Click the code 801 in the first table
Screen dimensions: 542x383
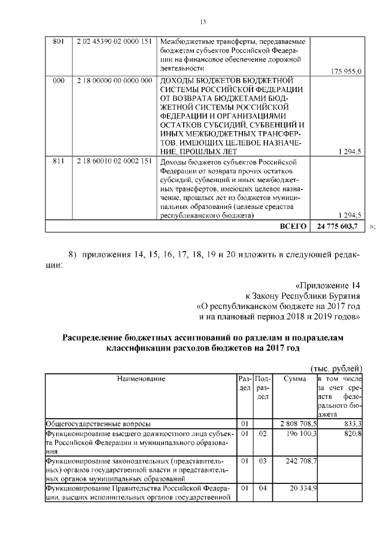click(x=59, y=41)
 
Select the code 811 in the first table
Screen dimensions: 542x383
click(x=59, y=161)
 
